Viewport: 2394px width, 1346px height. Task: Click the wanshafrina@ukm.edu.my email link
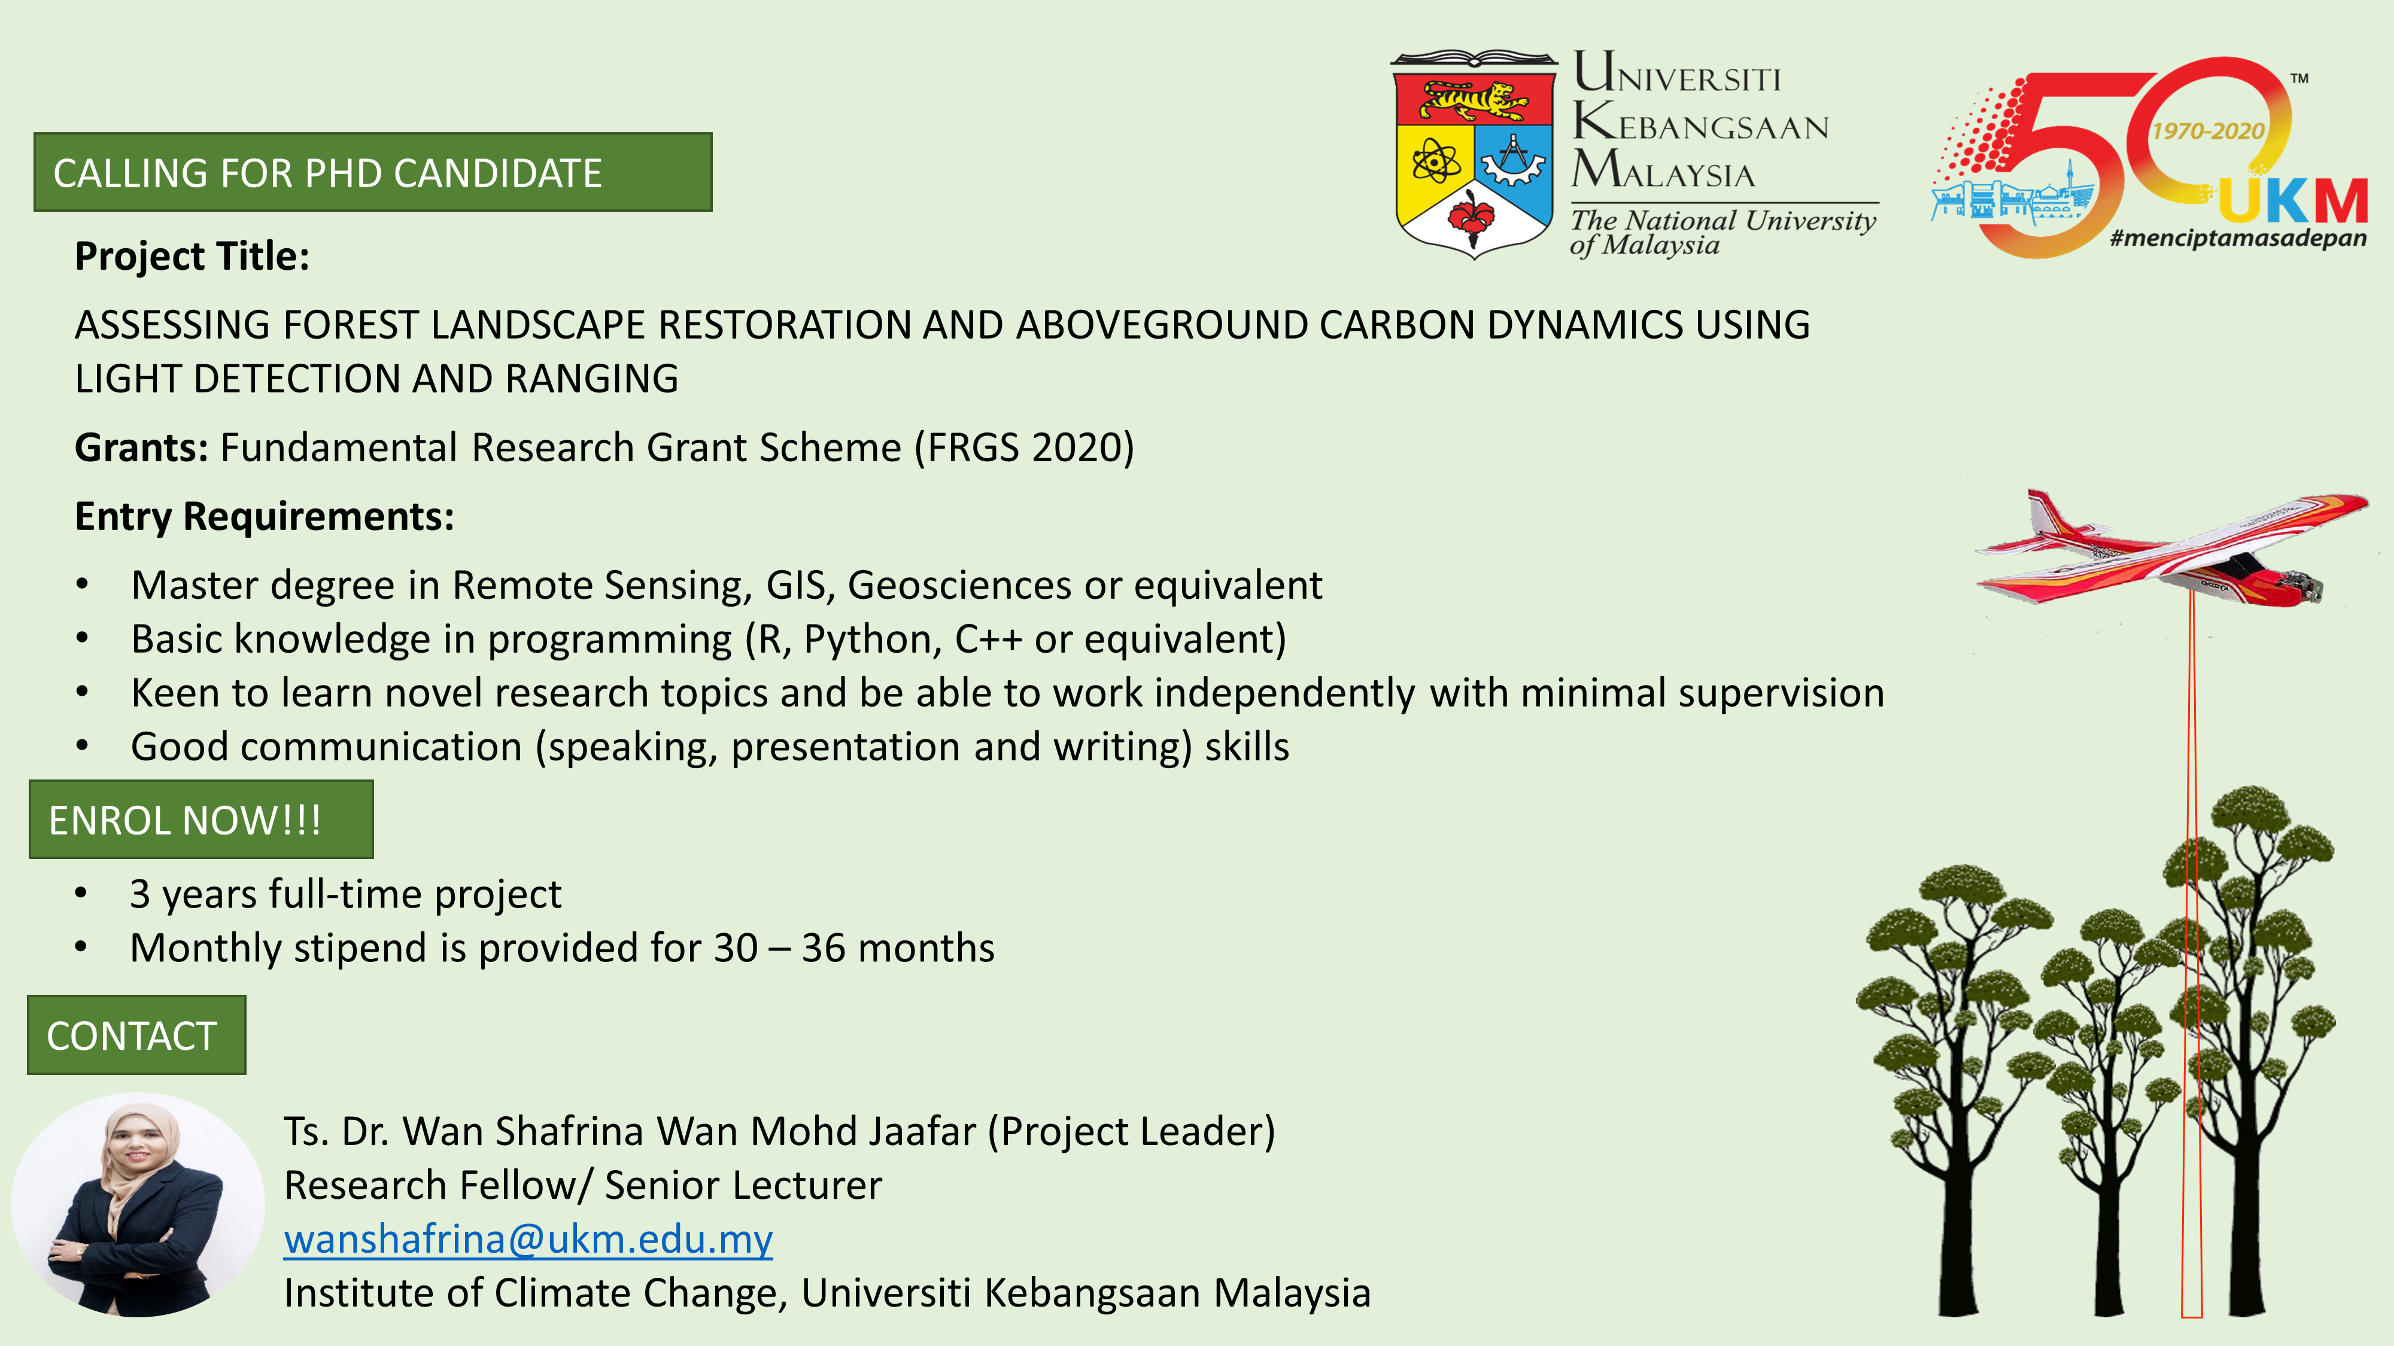pos(528,1239)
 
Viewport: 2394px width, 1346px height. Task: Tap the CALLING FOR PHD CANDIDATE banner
pos(373,172)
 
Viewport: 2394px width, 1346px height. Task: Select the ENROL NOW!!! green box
pos(200,820)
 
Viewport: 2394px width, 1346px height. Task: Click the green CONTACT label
pos(136,1035)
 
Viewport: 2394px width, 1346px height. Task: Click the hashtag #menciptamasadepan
pos(2238,238)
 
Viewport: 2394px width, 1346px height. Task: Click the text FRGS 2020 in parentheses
pos(1024,447)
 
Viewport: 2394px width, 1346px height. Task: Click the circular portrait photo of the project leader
pos(138,1205)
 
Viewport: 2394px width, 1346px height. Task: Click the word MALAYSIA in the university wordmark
pos(1663,170)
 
